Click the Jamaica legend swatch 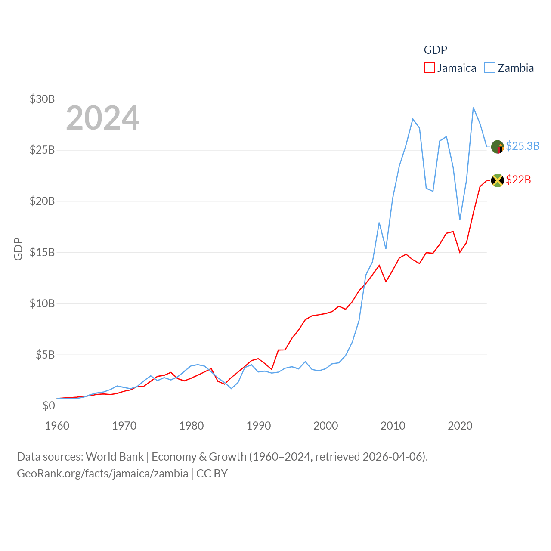429,68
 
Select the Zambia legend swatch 490,68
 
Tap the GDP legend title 435,50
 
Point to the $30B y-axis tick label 42,99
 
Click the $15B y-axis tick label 42,252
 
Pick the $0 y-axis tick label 49,406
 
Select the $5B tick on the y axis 45,355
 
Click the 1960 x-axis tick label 57,426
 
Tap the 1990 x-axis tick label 259,426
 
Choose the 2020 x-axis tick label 460,426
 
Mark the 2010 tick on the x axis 393,426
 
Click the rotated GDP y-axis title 18,249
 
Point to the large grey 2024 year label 102,118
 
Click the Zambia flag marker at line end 497,147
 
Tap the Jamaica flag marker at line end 497,180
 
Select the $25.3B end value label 523,146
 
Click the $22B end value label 518,180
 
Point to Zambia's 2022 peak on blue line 473,108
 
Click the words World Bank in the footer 115,456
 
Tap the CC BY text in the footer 212,474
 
